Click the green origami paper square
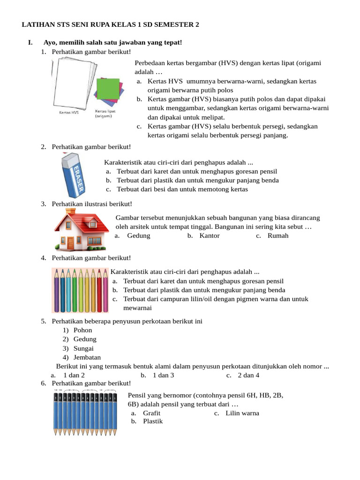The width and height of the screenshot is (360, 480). [109, 89]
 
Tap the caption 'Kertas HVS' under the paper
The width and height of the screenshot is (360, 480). [69, 113]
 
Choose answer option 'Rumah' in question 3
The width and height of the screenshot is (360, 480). [278, 235]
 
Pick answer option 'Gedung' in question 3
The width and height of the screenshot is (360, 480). [138, 235]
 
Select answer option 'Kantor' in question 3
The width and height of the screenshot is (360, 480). [209, 235]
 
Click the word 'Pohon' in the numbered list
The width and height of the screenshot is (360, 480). [82, 330]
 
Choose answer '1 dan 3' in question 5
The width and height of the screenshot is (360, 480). [163, 375]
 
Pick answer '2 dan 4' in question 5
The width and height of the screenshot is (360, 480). [248, 375]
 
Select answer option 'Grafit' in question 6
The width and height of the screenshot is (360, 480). [151, 413]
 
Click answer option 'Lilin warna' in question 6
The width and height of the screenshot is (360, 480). [242, 413]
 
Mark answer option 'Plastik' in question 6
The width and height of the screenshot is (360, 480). [153, 421]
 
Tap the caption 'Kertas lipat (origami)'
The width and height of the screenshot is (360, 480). [105, 114]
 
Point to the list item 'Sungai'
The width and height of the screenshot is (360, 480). [83, 348]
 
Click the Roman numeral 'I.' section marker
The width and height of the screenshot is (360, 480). [30, 43]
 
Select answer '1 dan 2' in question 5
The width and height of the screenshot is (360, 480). [74, 375]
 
